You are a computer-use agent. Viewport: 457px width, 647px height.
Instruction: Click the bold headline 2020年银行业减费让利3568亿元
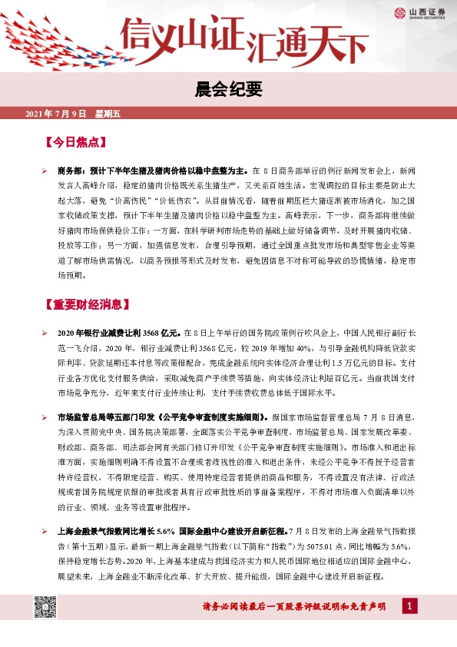coord(118,333)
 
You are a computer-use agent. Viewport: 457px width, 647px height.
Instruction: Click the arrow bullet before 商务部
coord(45,171)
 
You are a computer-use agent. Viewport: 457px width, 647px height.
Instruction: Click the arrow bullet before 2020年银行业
coord(45,333)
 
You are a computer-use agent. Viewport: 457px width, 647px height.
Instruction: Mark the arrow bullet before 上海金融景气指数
coord(45,531)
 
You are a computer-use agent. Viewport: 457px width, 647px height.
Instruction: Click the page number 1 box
coord(411,607)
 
